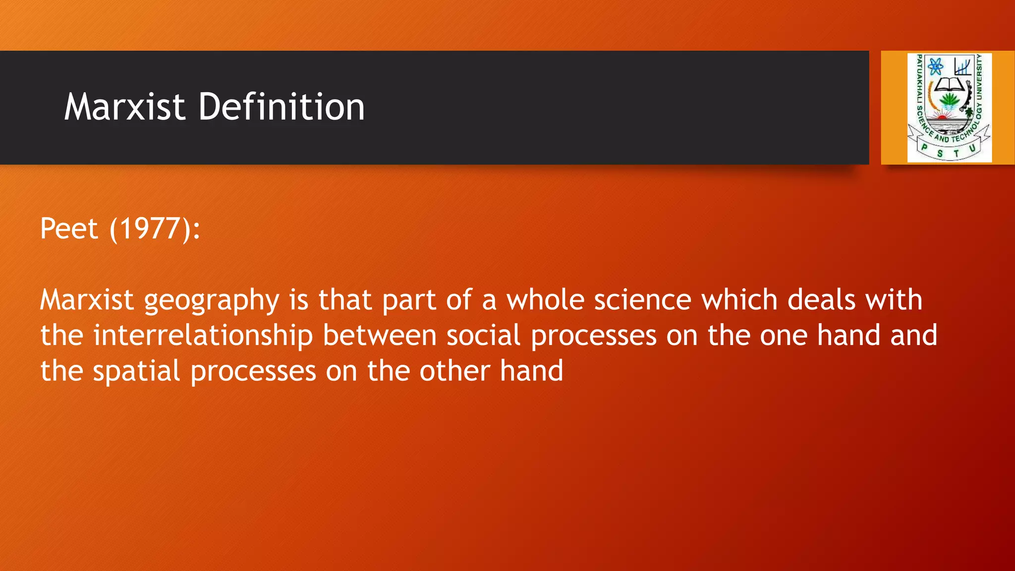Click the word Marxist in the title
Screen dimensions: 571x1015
tap(124, 107)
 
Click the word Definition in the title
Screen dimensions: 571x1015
tap(281, 107)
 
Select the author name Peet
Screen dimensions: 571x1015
tap(69, 228)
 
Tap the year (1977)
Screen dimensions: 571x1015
tap(154, 228)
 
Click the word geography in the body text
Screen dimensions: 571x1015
tap(212, 301)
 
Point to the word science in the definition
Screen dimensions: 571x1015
tap(642, 300)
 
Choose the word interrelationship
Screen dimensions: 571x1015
tap(203, 336)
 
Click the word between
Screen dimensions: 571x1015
tap(379, 336)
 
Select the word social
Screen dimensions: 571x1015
tap(483, 336)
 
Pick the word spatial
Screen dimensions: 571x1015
tap(136, 371)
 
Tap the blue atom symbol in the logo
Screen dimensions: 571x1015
tap(935, 66)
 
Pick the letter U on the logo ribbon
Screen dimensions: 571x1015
tap(972, 148)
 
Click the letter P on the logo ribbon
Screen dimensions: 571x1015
tap(924, 147)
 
